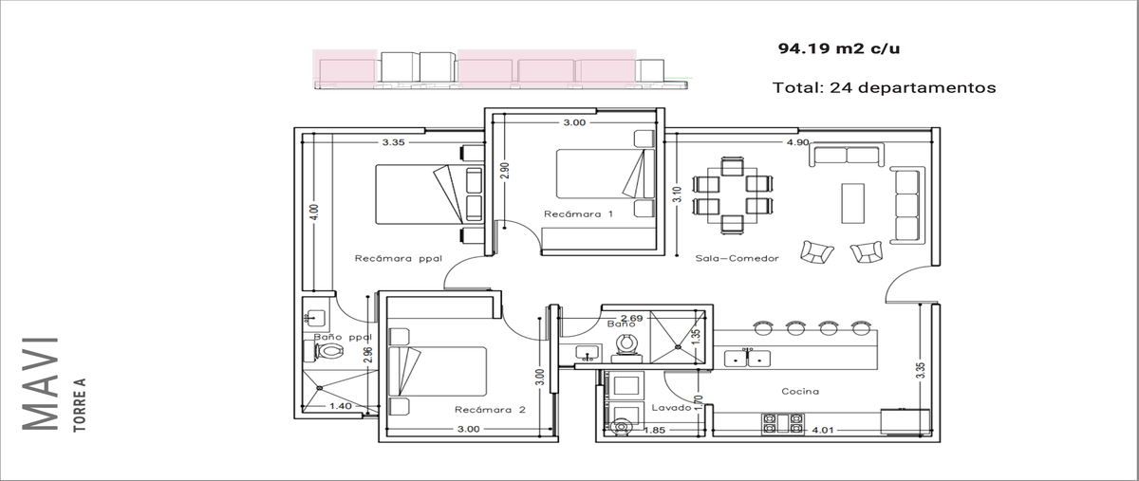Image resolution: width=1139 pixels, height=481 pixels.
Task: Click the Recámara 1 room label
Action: point(578,214)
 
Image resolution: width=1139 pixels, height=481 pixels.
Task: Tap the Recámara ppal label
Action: point(398,258)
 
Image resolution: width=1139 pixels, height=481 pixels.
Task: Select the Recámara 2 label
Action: point(490,410)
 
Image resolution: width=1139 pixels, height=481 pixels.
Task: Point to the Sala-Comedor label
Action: point(737,258)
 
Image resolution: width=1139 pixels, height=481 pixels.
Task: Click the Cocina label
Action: point(800,392)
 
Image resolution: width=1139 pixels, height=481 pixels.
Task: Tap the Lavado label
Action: point(671,408)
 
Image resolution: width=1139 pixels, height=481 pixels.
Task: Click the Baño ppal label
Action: point(343,337)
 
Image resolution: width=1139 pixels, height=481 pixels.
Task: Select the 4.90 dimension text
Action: point(797,142)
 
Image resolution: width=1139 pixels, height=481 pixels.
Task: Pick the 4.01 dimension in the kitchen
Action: point(822,430)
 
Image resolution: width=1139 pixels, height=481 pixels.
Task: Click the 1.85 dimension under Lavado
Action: point(654,430)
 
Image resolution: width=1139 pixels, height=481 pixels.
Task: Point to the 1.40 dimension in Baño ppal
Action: point(340,406)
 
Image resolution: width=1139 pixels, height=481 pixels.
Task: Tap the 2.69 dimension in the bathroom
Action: point(631,318)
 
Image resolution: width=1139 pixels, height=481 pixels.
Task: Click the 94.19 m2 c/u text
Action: point(839,48)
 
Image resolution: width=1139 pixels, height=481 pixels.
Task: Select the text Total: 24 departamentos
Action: point(885,87)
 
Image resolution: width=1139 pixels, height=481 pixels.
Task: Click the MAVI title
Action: point(40,384)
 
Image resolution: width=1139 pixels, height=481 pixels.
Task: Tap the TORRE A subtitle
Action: point(80,405)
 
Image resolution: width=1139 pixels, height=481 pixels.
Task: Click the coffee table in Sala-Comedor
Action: point(852,203)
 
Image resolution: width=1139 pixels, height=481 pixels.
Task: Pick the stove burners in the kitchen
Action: point(783,424)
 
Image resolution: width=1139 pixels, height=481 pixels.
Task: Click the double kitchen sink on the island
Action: point(747,359)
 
